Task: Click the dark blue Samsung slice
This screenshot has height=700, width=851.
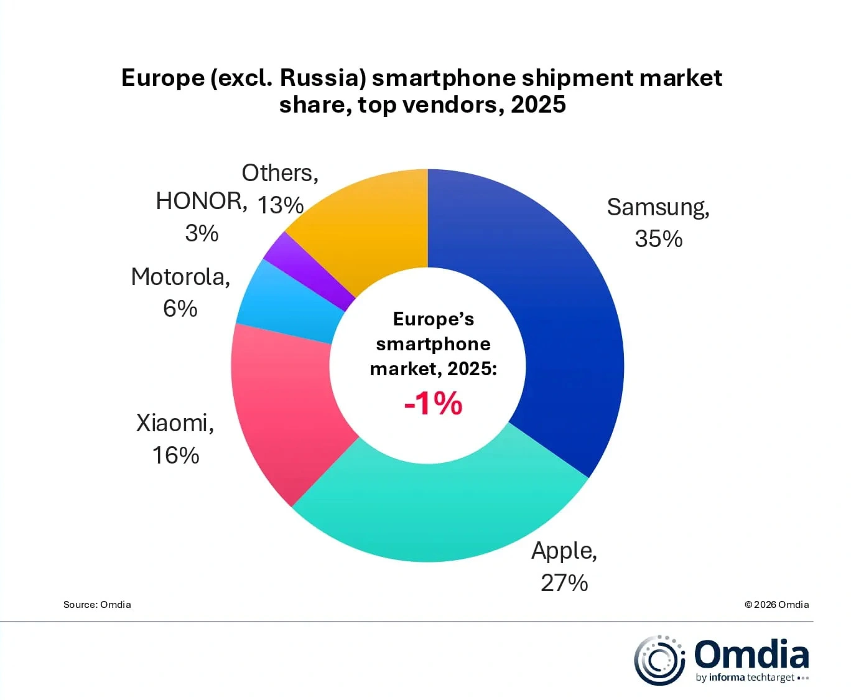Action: [x=560, y=311]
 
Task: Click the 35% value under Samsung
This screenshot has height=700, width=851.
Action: [x=658, y=239]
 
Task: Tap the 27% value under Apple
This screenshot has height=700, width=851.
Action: [x=564, y=583]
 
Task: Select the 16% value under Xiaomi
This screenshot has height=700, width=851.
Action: [x=175, y=455]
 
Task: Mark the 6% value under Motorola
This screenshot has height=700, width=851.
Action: [x=180, y=309]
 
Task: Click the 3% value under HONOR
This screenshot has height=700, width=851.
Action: [x=202, y=233]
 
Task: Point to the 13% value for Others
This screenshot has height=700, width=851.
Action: [x=280, y=205]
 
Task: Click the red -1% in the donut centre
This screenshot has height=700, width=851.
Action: [x=433, y=403]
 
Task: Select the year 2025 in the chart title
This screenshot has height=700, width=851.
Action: [x=538, y=105]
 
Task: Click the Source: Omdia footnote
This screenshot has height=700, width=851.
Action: [x=97, y=604]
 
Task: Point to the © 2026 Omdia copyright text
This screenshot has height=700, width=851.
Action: [x=776, y=604]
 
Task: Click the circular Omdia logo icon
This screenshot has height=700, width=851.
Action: [x=658, y=660]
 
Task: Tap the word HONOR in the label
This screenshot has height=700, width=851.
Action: [x=200, y=201]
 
